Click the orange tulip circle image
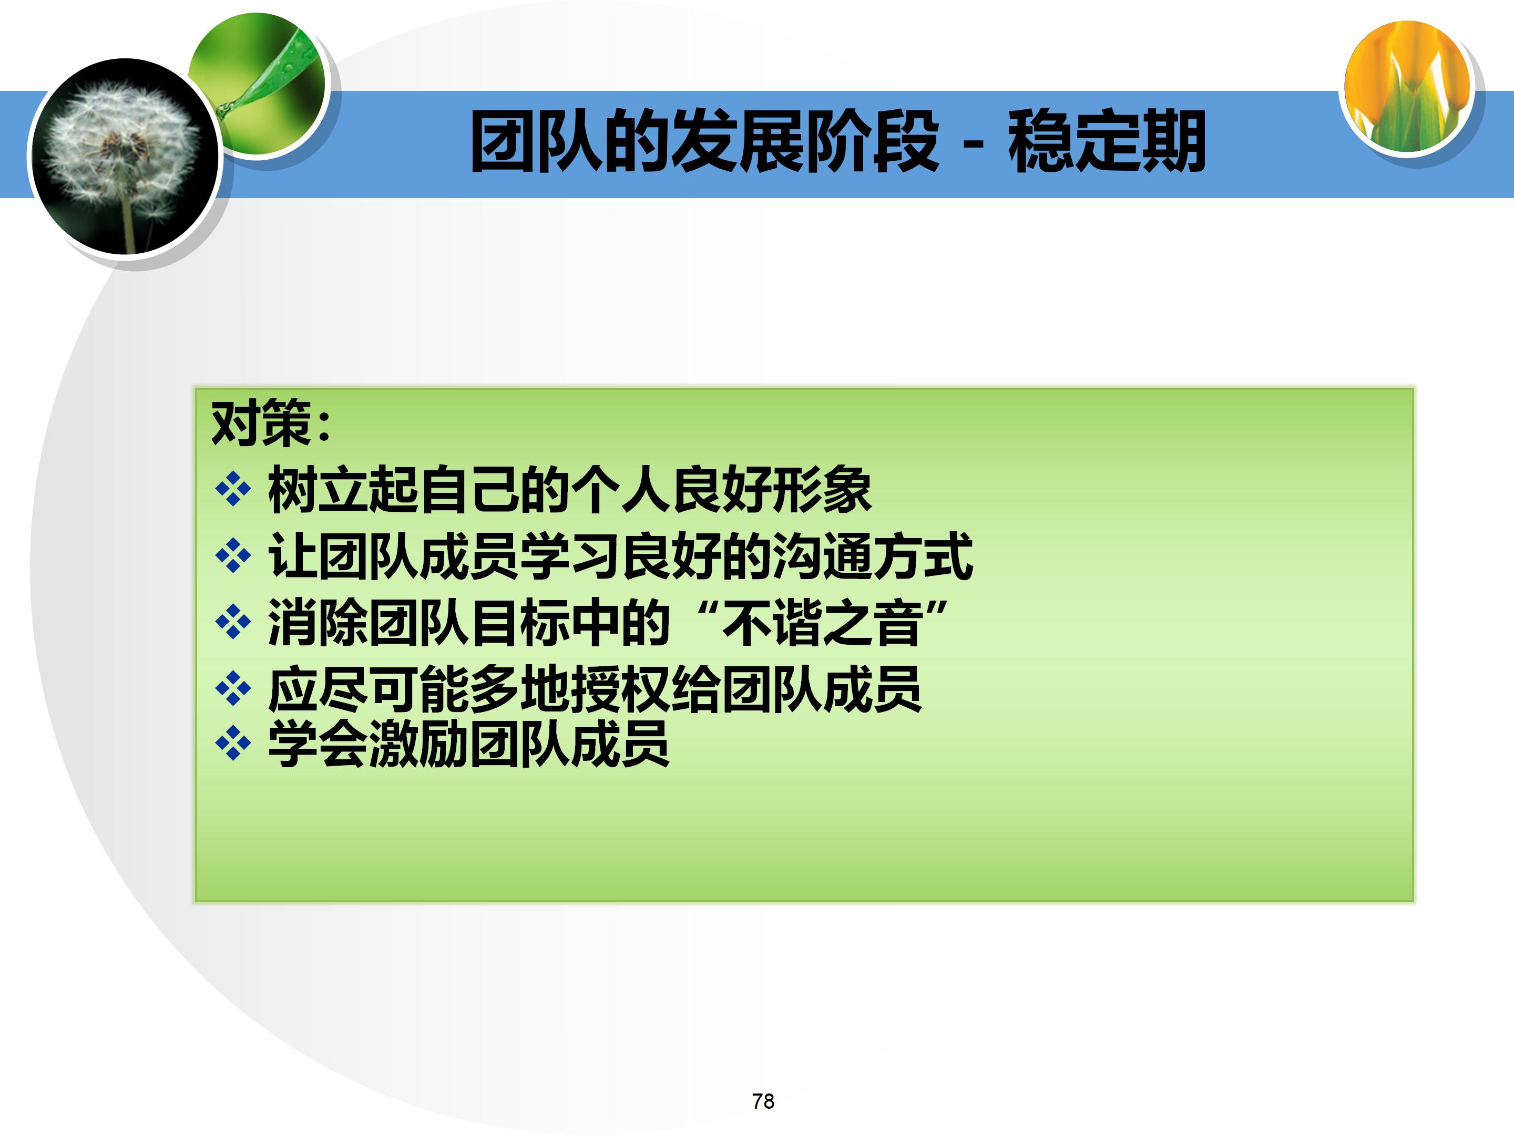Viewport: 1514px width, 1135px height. tap(1407, 86)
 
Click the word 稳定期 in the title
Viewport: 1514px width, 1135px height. tap(1106, 142)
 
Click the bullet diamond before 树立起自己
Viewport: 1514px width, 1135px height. tap(233, 489)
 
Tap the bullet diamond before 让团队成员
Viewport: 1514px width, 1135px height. tap(233, 555)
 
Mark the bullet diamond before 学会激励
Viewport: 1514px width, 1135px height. tap(233, 743)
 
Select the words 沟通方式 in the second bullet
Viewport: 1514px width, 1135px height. tap(873, 555)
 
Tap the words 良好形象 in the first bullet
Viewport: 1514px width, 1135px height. tap(771, 489)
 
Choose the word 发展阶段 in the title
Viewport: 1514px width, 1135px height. tap(805, 142)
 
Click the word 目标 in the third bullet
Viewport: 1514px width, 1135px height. tap(519, 622)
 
